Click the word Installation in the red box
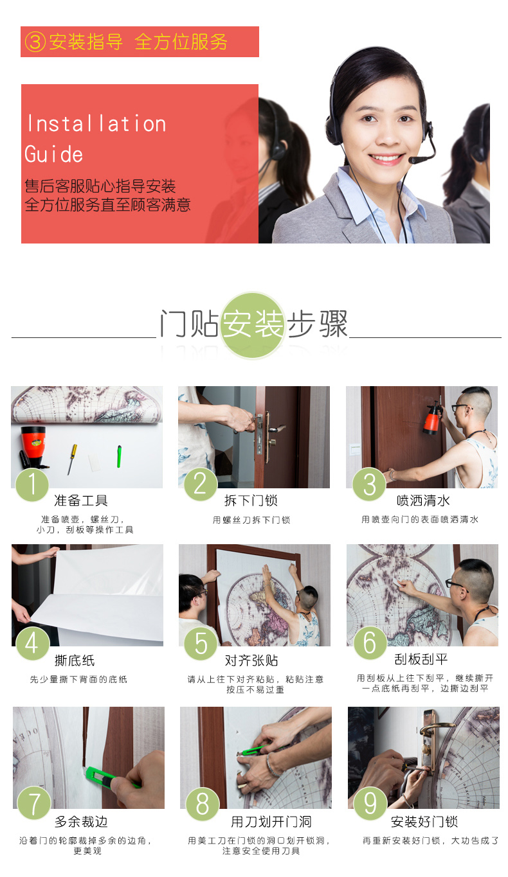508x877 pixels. click(x=96, y=124)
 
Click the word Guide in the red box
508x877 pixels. click(x=54, y=154)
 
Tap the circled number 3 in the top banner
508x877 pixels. click(x=35, y=42)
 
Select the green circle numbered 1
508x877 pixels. click(x=32, y=484)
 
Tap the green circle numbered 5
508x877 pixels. click(x=201, y=643)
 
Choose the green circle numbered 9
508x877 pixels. click(x=370, y=803)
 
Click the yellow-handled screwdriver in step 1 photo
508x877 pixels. click(x=72, y=459)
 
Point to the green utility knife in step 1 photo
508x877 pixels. click(x=118, y=456)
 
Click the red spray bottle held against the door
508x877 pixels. click(x=431, y=418)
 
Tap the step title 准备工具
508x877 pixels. click(x=81, y=500)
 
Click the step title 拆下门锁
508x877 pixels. click(x=251, y=500)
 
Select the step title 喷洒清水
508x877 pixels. click(x=423, y=500)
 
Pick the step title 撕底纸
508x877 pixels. click(x=75, y=660)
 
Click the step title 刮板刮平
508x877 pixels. click(x=421, y=659)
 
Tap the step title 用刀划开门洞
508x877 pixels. click(x=271, y=821)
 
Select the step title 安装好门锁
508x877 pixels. click(x=424, y=821)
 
